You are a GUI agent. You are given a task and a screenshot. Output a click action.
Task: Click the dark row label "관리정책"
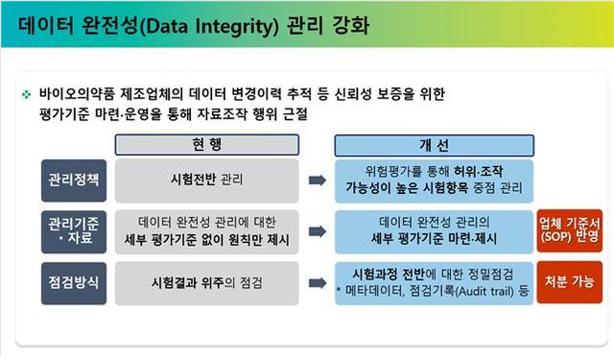pyautogui.click(x=73, y=180)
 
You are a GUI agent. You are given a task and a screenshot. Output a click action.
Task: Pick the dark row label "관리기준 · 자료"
pyautogui.click(x=73, y=230)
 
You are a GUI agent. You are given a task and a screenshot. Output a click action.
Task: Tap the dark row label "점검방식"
pyautogui.click(x=73, y=282)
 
